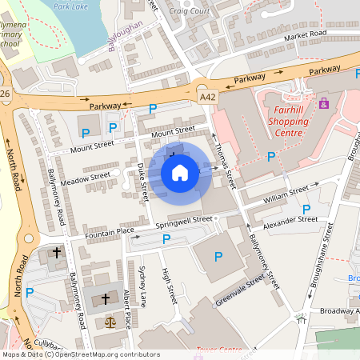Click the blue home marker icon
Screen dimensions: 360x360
point(180,172)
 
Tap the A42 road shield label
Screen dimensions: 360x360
point(207,97)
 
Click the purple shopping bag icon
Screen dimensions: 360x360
point(324,103)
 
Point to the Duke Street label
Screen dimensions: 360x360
point(142,182)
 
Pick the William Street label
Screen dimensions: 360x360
point(286,193)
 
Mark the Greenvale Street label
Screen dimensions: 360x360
point(240,291)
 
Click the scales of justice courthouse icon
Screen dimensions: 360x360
point(110,321)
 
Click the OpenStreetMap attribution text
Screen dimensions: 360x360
point(80,354)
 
